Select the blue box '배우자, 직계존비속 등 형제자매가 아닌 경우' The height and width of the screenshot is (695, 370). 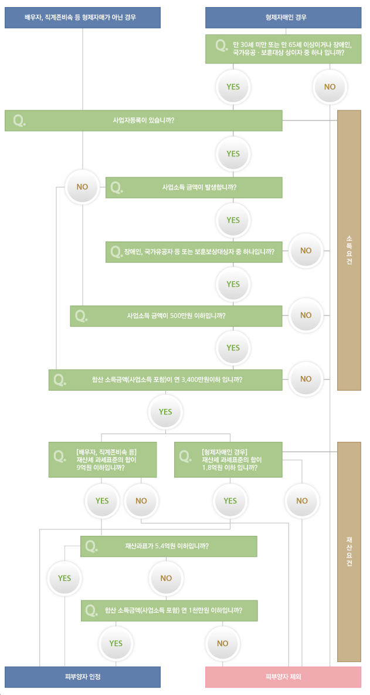(x=82, y=18)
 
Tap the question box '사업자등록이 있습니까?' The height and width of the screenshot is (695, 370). (x=144, y=120)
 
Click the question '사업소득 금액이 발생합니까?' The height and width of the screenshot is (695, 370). (x=194, y=187)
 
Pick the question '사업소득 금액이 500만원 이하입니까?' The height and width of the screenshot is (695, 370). (x=176, y=316)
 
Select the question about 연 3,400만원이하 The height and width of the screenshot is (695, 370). (x=165, y=380)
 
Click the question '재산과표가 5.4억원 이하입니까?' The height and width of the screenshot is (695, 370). (x=169, y=546)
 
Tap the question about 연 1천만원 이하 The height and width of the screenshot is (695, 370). (x=169, y=610)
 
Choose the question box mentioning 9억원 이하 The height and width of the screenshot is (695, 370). (x=103, y=459)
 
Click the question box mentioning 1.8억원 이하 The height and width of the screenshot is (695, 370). (x=228, y=459)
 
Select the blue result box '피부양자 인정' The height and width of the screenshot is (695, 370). (x=82, y=677)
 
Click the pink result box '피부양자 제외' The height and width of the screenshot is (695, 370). (x=283, y=677)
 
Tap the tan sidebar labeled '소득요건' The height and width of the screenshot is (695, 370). (x=349, y=250)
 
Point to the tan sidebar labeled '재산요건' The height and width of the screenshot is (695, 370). (x=349, y=552)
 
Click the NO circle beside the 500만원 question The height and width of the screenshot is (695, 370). (x=306, y=315)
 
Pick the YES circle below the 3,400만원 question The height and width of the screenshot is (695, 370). (x=165, y=412)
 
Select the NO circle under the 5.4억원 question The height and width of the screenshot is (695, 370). (x=166, y=578)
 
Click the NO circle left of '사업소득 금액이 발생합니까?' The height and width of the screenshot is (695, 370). (x=82, y=187)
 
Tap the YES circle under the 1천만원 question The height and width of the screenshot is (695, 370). (x=116, y=643)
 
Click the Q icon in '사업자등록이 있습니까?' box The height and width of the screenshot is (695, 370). (x=19, y=120)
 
